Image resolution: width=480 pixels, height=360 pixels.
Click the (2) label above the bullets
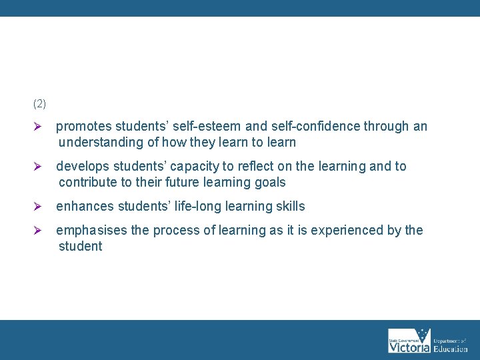click(39, 104)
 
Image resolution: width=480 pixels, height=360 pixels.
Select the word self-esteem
click(199, 127)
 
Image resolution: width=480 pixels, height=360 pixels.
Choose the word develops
click(83, 167)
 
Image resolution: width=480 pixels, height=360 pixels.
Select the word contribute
click(89, 183)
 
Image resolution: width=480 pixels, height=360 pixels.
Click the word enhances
click(83, 207)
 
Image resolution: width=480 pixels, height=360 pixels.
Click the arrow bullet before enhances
click(38, 207)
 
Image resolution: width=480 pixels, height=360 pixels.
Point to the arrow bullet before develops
click(38, 167)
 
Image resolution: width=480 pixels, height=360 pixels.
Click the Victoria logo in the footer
click(408, 341)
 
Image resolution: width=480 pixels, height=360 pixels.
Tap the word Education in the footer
click(451, 348)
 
